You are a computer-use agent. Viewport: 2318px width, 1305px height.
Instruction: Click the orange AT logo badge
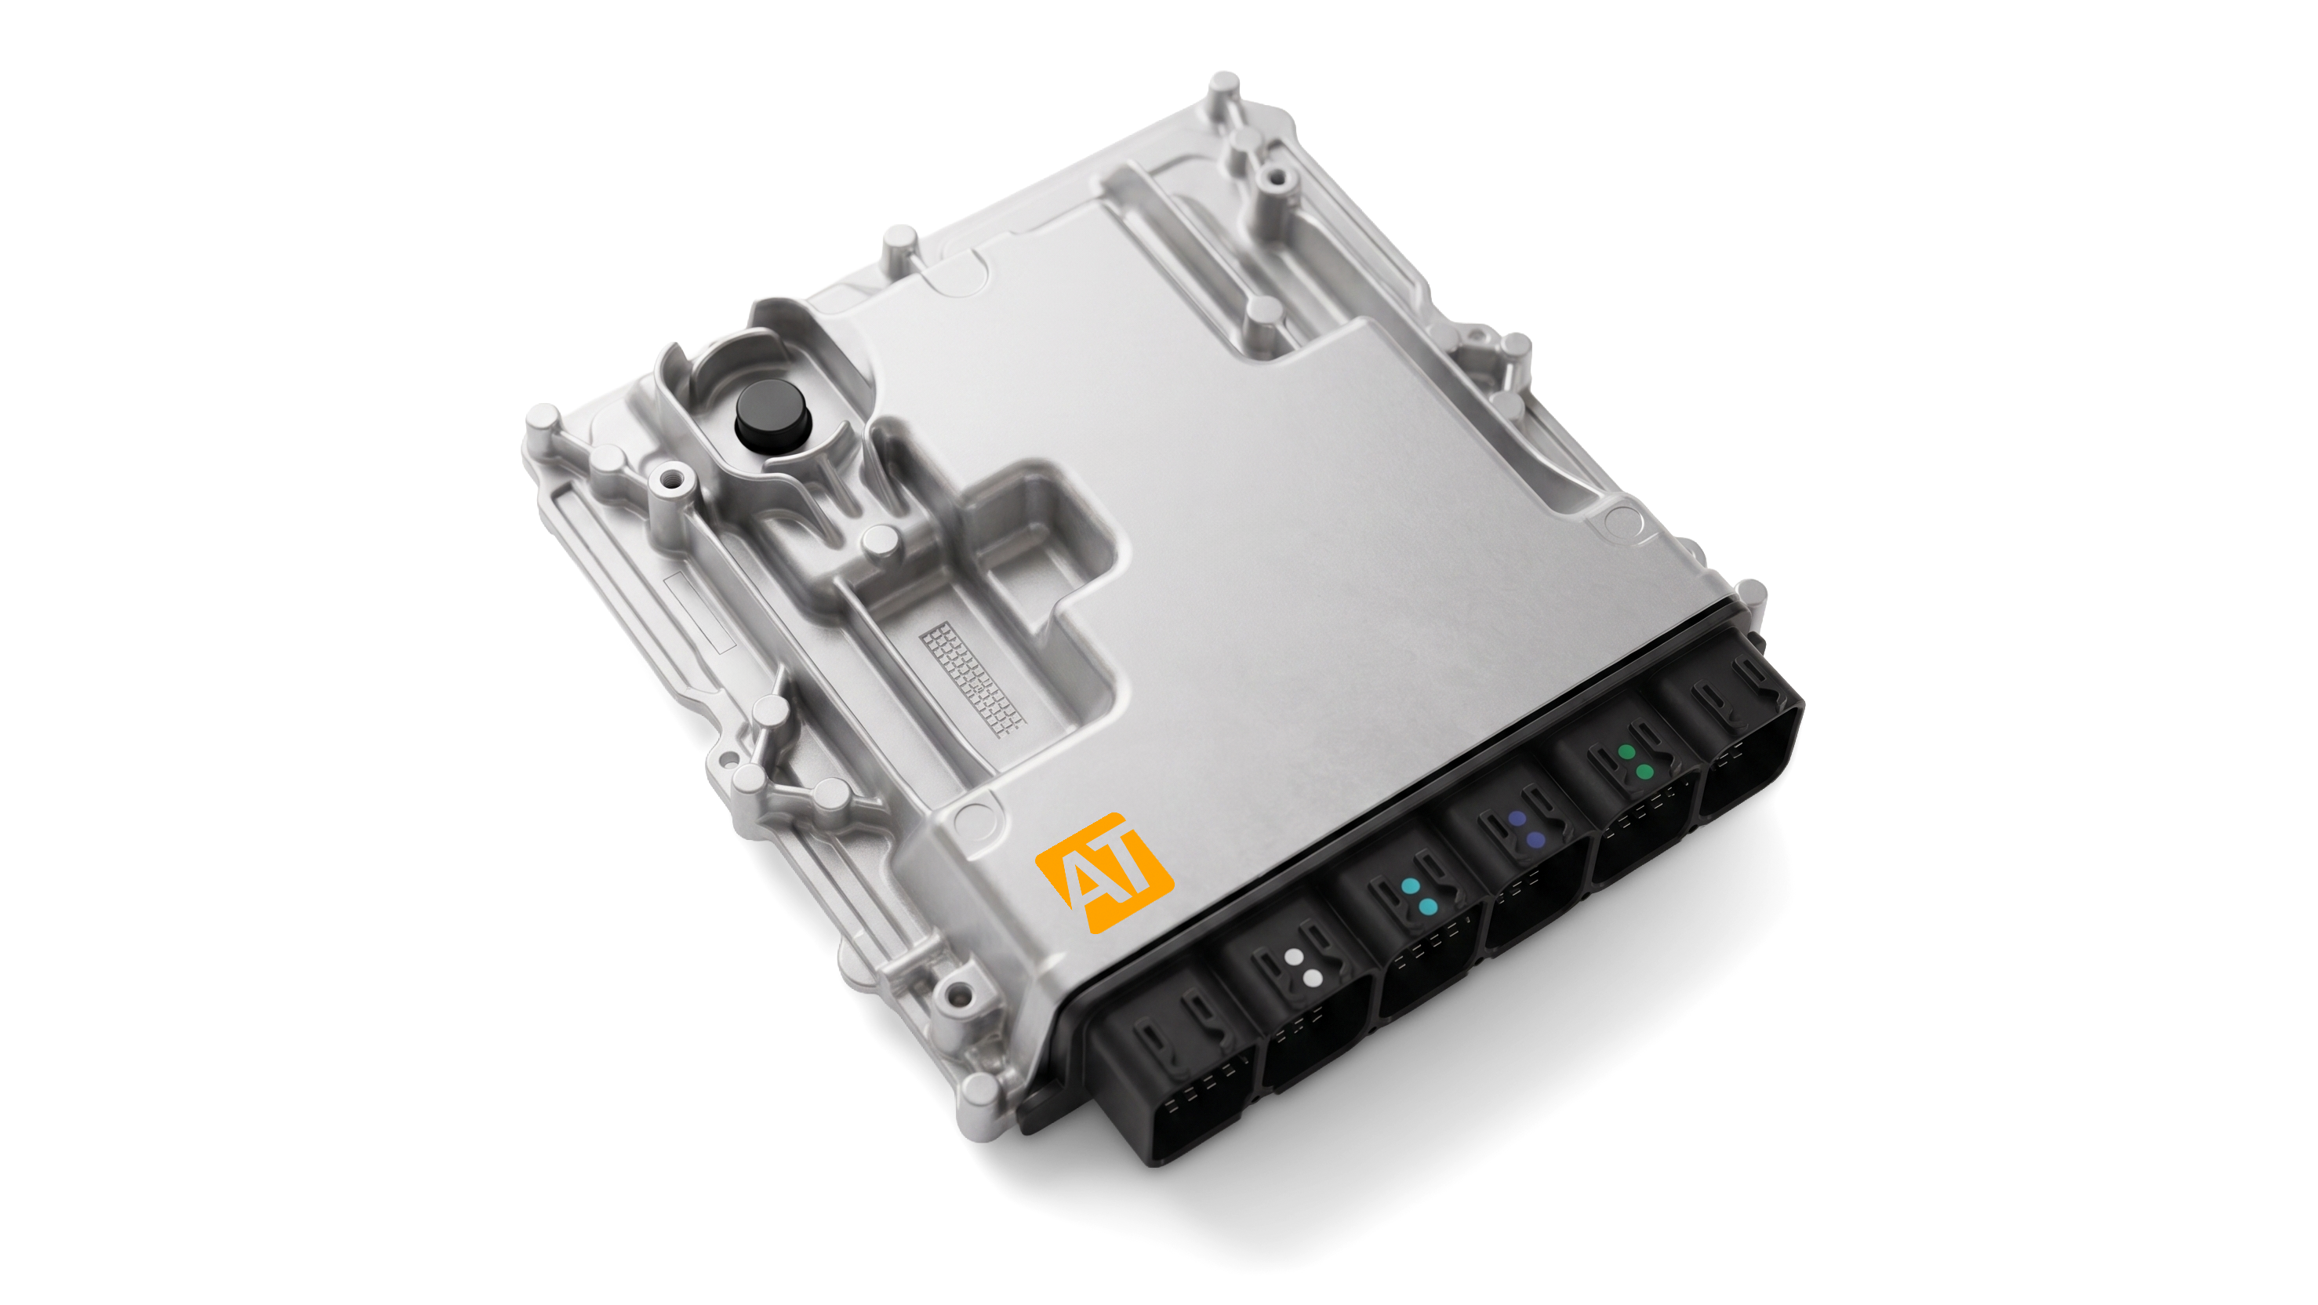click(1104, 873)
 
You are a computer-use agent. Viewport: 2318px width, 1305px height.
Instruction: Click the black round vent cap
click(772, 414)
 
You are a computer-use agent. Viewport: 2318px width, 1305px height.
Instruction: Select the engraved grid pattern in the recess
click(972, 678)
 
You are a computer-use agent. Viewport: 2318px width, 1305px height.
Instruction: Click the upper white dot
click(1293, 958)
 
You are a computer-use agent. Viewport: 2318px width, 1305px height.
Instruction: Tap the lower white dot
click(1312, 978)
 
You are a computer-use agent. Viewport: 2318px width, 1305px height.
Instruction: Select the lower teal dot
click(1427, 907)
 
